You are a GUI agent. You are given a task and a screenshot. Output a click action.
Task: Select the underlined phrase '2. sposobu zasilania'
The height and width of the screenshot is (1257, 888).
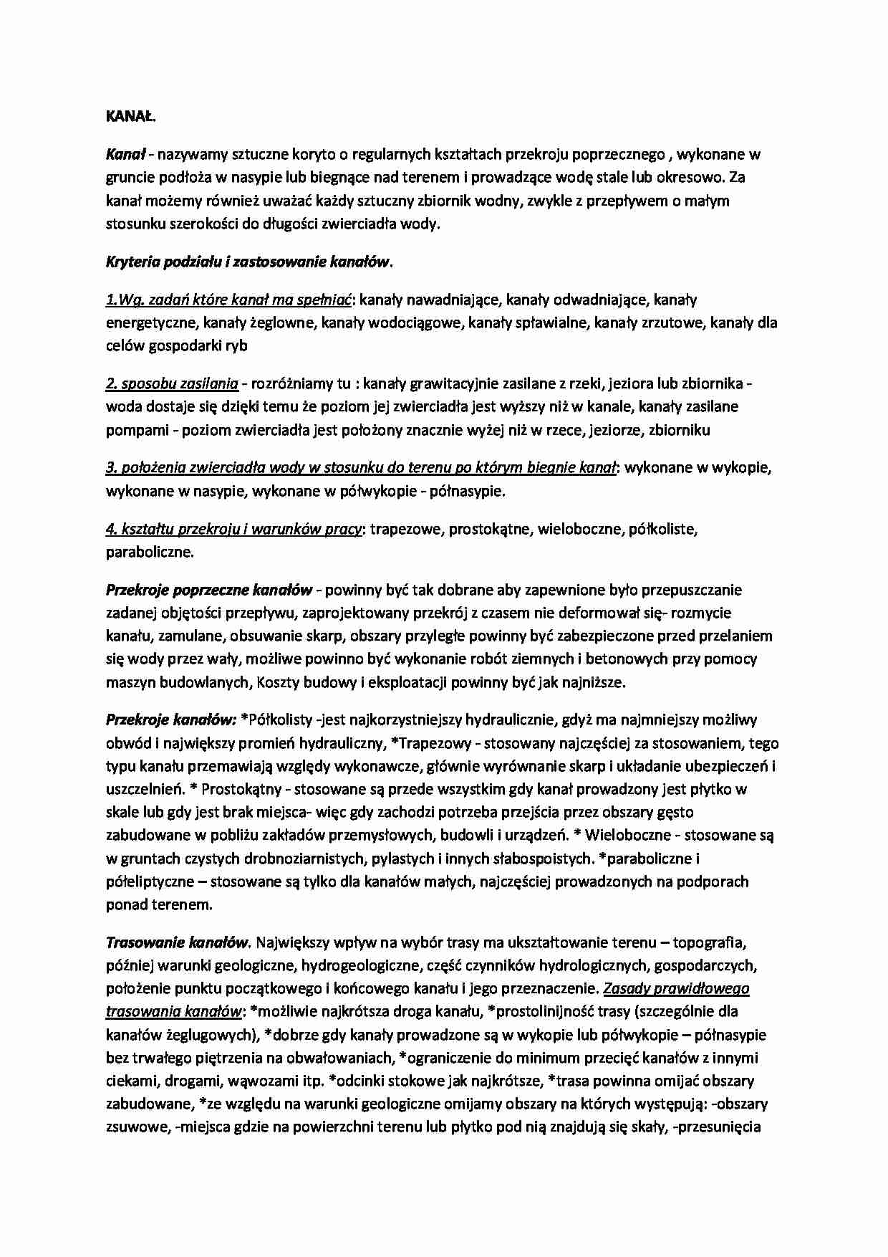pos(172,383)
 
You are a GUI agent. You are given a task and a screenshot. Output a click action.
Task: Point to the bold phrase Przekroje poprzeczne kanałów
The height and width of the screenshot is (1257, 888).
pos(209,590)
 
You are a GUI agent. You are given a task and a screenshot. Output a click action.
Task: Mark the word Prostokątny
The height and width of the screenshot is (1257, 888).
pos(243,789)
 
